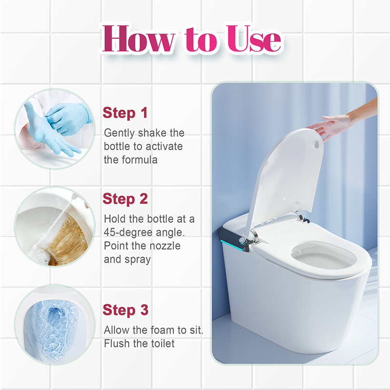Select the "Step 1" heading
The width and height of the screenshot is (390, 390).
click(125, 113)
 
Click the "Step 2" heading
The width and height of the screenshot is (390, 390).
click(125, 199)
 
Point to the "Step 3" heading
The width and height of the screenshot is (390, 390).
click(125, 310)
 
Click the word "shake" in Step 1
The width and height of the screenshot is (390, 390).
click(151, 133)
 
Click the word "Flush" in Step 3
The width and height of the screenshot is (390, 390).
click(117, 343)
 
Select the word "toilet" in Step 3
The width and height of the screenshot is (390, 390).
click(159, 343)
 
